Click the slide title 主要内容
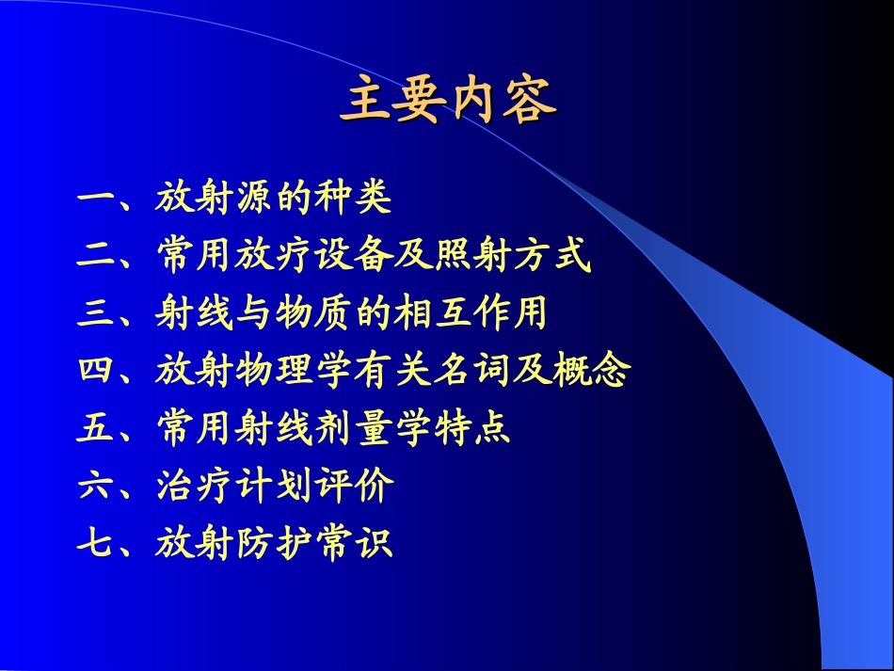tap(448, 103)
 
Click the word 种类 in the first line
tap(353, 200)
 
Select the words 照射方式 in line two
tap(512, 257)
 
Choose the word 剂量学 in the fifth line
tap(372, 429)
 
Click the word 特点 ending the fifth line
tap(472, 429)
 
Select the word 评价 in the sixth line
tap(353, 487)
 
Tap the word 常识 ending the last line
tap(353, 544)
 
